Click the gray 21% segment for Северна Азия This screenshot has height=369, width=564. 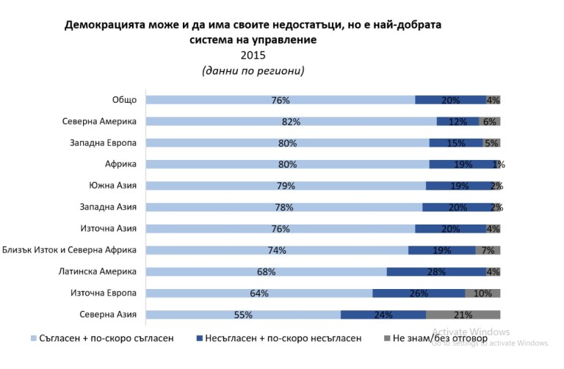(x=463, y=315)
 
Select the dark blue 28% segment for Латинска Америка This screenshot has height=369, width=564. (x=436, y=272)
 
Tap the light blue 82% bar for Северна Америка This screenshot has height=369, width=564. (x=291, y=122)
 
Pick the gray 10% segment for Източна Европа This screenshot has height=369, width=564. (x=482, y=293)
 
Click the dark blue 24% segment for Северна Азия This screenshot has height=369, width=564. (x=383, y=315)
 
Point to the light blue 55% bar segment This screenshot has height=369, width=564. (x=243, y=315)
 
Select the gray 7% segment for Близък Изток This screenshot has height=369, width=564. (x=488, y=250)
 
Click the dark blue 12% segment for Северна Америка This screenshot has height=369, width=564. (x=458, y=122)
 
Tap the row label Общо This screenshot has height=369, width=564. (x=124, y=100)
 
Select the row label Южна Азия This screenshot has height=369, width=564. (x=112, y=186)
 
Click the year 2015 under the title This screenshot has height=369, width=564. (x=253, y=55)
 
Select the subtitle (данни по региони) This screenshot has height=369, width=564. (x=253, y=71)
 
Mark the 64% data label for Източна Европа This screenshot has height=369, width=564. (x=258, y=293)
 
